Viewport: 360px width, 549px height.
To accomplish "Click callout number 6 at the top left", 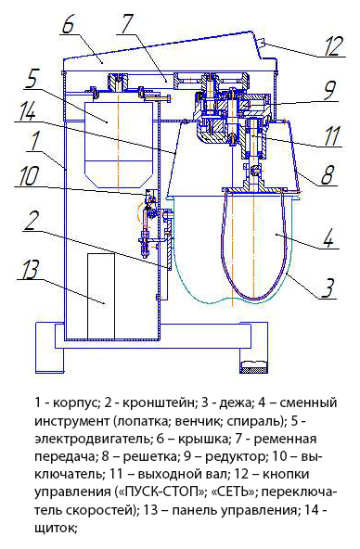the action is pyautogui.click(x=69, y=24).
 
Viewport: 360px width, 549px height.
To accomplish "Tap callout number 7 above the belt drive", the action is pyautogui.click(x=127, y=24).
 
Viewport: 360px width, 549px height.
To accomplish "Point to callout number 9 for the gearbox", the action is pyautogui.click(x=330, y=91).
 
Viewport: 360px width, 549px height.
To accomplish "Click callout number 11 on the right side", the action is pyautogui.click(x=331, y=135).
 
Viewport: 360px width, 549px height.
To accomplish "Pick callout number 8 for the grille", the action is pyautogui.click(x=328, y=174).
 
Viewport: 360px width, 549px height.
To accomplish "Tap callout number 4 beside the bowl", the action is pyautogui.click(x=328, y=238).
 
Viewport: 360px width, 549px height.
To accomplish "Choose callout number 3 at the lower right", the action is pyautogui.click(x=328, y=288).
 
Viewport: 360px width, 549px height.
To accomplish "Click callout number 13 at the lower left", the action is pyautogui.click(x=30, y=269).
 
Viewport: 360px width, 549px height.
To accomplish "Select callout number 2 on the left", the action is pyautogui.click(x=32, y=222).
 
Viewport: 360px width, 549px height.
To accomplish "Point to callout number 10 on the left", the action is pyautogui.click(x=28, y=177).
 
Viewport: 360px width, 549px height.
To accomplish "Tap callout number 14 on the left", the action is pyautogui.click(x=27, y=110).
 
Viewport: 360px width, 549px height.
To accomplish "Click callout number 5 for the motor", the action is pyautogui.click(x=32, y=80).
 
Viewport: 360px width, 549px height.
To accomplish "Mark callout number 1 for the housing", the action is pyautogui.click(x=36, y=141).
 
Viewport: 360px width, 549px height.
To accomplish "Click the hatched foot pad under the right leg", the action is pyautogui.click(x=254, y=366).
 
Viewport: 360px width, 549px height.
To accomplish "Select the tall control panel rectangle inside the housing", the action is pyautogui.click(x=101, y=296).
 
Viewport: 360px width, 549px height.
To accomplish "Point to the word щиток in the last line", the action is pyautogui.click(x=56, y=529).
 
